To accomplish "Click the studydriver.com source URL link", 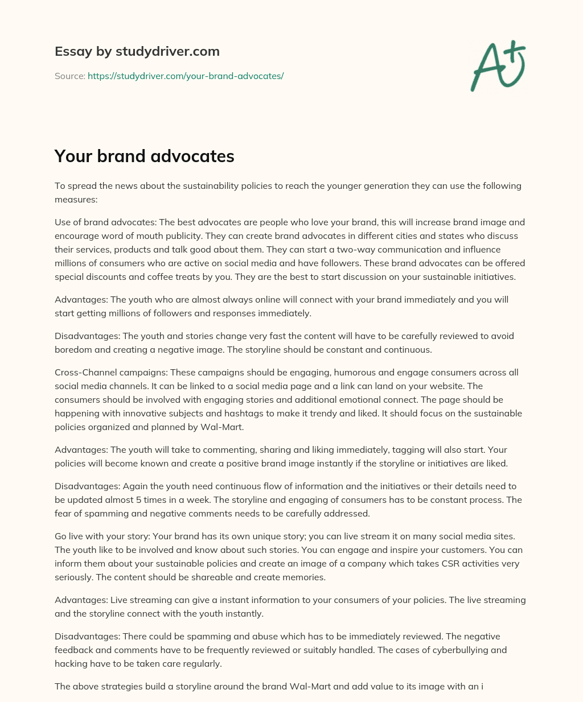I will tap(186, 76).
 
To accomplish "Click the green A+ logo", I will tap(498, 66).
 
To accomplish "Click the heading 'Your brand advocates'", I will tap(144, 156).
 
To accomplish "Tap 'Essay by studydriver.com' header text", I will tap(137, 51).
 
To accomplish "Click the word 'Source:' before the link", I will tap(69, 76).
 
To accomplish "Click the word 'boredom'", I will tap(72, 350).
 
